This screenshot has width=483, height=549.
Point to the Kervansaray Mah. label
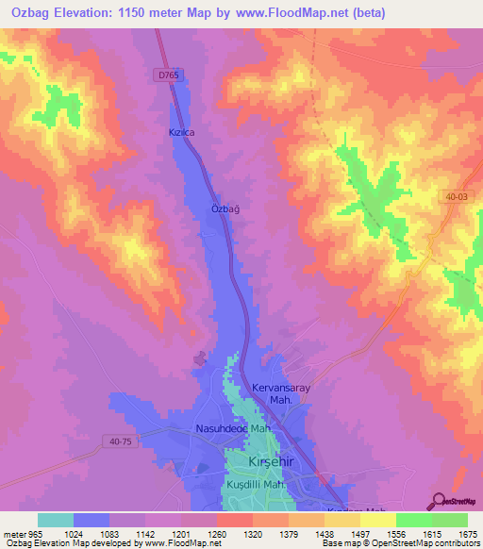281,394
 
